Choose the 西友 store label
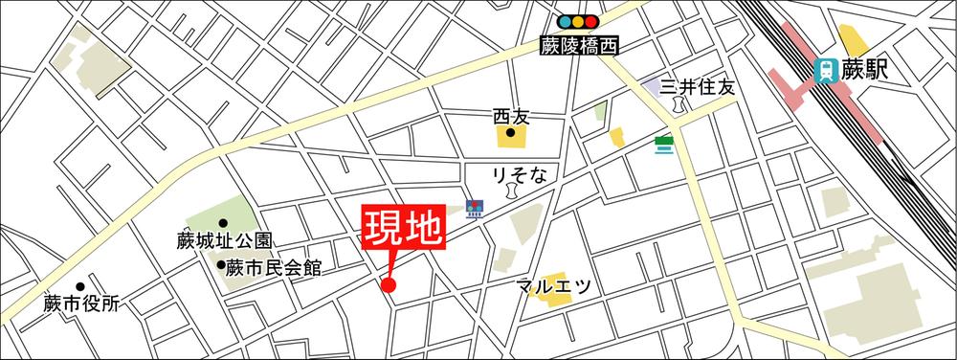511,116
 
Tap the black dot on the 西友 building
511,133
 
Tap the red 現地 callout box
403,230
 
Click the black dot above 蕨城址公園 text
223,222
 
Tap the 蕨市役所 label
82,304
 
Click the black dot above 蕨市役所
81,286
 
